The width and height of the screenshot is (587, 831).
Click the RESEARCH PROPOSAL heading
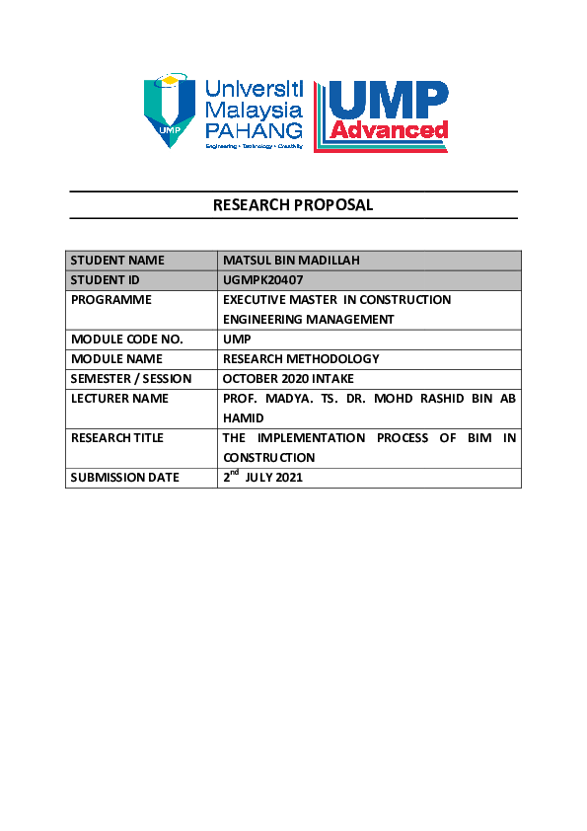point(293,205)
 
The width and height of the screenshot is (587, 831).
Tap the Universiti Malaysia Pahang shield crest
point(171,109)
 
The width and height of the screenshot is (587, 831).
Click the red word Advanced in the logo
point(390,130)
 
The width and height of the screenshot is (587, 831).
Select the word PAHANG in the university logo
point(254,130)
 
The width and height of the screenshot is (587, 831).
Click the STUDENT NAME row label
point(117,261)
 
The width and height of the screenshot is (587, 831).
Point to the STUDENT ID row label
point(105,280)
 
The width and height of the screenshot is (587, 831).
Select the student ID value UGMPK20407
point(262,280)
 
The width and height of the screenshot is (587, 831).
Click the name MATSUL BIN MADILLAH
point(291,261)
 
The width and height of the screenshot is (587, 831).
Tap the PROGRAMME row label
point(111,300)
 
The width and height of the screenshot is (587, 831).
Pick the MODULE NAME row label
point(116,359)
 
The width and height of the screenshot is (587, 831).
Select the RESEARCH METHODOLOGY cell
point(301,359)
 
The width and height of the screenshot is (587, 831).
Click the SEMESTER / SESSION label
point(131,379)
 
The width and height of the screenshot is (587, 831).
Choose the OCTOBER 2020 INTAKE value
point(288,379)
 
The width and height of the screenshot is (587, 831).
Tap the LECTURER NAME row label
point(119,399)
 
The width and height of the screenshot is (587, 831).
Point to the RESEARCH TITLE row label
point(117,438)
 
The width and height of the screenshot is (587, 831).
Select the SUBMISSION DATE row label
point(124,478)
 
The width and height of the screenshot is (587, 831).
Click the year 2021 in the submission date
point(287,478)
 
